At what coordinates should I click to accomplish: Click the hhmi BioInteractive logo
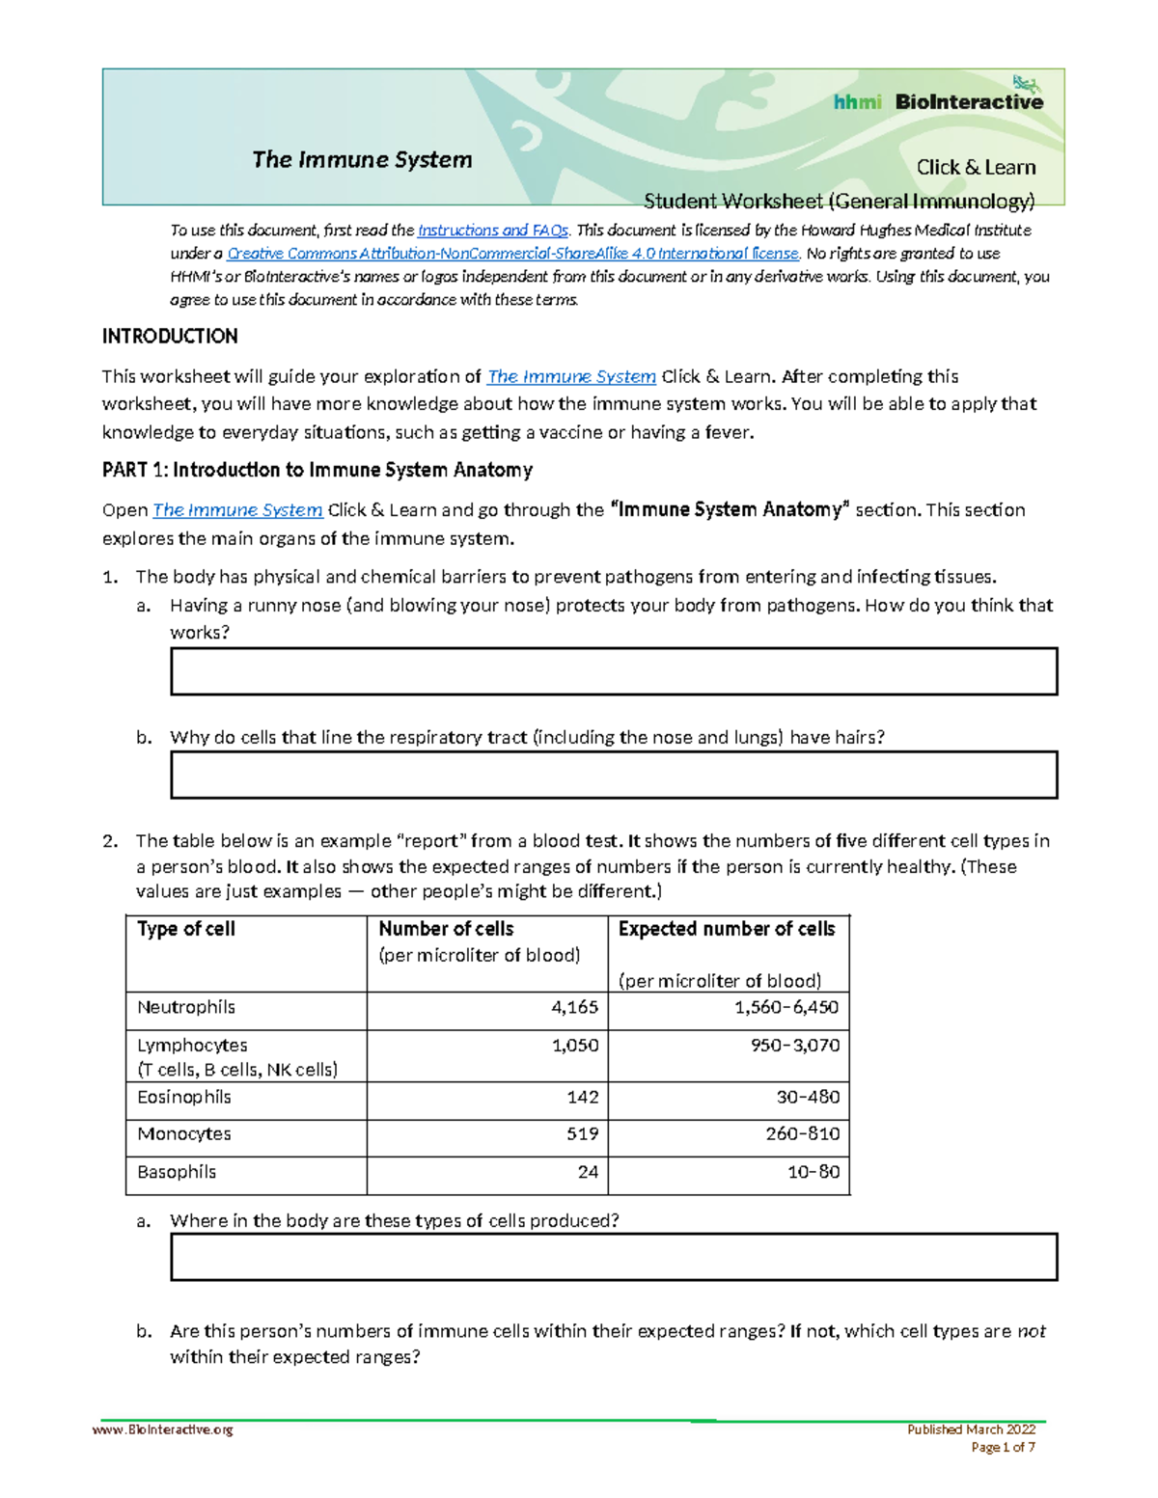point(938,100)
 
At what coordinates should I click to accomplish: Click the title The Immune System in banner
point(362,160)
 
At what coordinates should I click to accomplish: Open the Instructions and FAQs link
point(492,231)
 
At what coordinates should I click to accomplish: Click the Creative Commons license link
point(512,254)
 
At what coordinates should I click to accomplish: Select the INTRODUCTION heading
point(170,337)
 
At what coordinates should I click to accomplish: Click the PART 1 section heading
point(317,471)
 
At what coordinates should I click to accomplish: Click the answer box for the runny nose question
point(614,671)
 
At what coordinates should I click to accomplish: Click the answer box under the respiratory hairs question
point(614,776)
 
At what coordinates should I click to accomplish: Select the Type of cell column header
point(186,929)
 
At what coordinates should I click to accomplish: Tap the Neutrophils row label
point(186,1007)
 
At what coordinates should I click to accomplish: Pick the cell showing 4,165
point(575,1007)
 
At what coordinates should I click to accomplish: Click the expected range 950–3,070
point(795,1046)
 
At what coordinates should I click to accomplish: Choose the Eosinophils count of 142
point(583,1098)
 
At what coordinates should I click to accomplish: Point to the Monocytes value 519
point(583,1134)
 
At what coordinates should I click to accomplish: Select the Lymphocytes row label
point(192,1046)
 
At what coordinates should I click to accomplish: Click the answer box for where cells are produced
point(614,1257)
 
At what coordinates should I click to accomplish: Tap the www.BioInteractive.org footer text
point(163,1430)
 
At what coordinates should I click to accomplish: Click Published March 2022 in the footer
point(971,1430)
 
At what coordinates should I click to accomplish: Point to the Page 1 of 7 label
point(1003,1447)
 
